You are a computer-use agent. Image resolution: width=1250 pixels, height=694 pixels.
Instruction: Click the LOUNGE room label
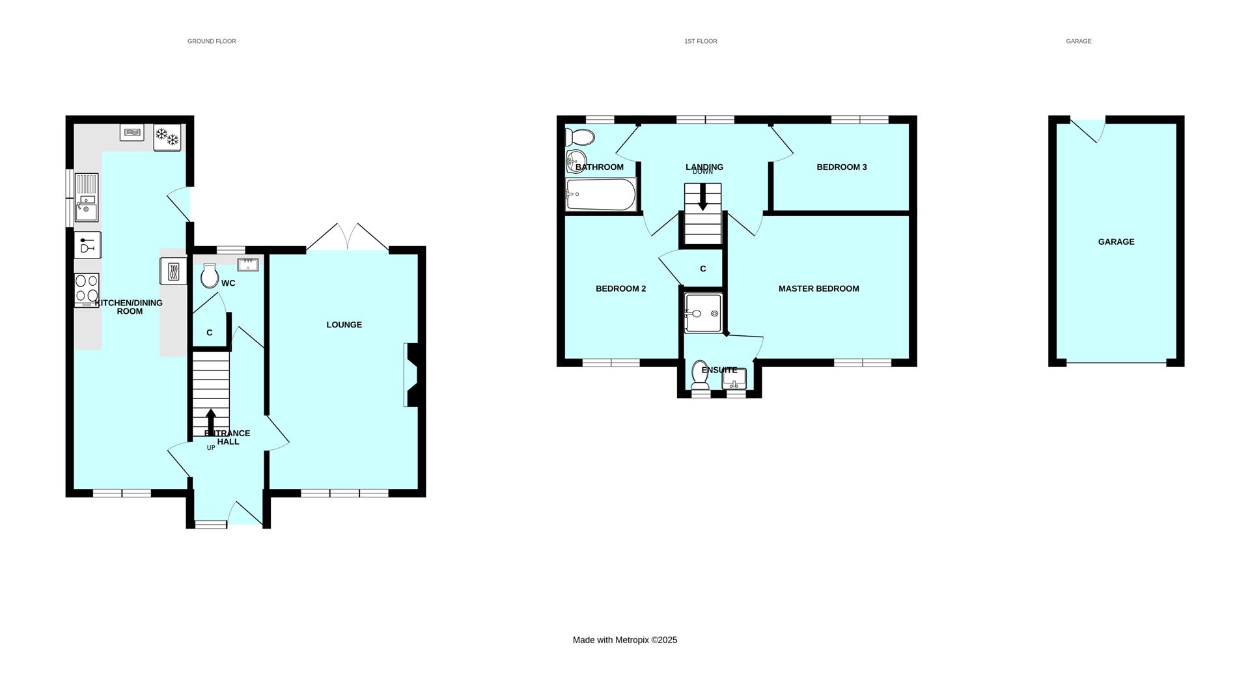(x=344, y=325)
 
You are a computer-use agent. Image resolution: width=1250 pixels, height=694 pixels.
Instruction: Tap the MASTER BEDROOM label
(x=818, y=288)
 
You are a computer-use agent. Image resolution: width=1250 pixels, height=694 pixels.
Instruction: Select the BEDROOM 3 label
(x=841, y=167)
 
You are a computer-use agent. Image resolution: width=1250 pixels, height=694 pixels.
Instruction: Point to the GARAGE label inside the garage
(x=1116, y=242)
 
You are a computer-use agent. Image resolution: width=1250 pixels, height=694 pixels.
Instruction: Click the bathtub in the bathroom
(x=600, y=195)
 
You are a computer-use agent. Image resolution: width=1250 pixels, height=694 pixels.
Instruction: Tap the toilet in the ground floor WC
(x=210, y=276)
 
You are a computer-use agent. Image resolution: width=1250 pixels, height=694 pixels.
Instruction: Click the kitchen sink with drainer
(x=86, y=198)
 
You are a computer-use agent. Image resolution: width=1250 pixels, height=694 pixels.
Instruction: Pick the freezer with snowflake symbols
(x=167, y=138)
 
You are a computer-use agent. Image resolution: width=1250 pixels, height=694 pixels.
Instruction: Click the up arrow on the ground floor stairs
(x=210, y=421)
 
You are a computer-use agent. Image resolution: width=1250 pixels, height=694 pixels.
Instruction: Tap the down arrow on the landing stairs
(x=702, y=197)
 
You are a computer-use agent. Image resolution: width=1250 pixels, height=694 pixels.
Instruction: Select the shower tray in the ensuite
(x=702, y=313)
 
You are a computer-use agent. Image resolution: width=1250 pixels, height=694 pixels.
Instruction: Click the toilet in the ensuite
(x=701, y=376)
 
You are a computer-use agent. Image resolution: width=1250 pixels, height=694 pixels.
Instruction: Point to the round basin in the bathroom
(x=576, y=160)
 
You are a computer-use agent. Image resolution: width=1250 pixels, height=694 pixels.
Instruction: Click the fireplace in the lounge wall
(x=413, y=375)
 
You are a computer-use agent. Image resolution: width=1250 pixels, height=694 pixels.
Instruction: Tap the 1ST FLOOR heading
(x=701, y=41)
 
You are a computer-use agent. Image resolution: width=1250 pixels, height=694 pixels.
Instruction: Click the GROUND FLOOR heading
(x=212, y=41)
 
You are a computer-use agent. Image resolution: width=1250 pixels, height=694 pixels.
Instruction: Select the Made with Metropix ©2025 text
(x=624, y=640)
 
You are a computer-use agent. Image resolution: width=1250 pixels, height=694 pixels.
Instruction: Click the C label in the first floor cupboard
(x=702, y=269)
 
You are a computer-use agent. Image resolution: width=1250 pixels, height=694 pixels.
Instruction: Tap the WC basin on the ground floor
(x=247, y=265)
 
